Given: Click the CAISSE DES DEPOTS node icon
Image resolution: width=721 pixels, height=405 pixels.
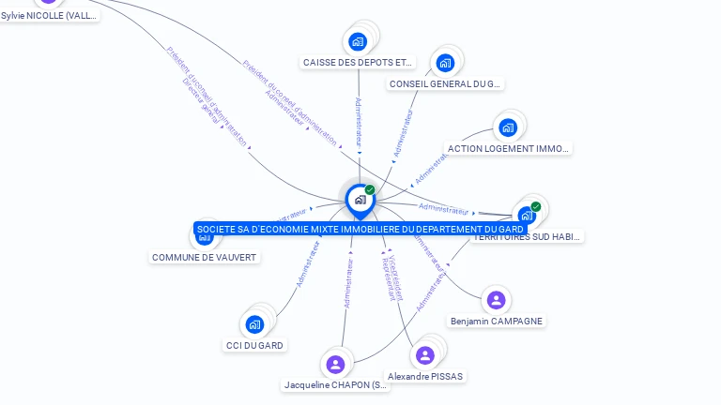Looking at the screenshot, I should click(358, 41).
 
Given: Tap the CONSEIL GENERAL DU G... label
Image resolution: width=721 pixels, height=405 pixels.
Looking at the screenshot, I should click(445, 83).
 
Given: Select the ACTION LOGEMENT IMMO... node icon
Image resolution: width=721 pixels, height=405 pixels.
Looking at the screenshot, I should click(508, 127).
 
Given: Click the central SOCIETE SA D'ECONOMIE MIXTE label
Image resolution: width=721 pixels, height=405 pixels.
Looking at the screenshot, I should click(360, 229).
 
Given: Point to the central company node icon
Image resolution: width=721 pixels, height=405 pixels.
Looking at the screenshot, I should click(360, 199).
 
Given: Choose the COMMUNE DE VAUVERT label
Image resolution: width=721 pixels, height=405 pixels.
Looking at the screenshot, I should click(204, 257).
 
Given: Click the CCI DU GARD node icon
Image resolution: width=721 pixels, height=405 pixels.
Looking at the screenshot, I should click(254, 324).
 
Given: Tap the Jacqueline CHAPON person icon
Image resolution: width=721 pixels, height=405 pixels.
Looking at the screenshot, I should click(335, 365).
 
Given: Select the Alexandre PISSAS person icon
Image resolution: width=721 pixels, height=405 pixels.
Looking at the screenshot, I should click(425, 355).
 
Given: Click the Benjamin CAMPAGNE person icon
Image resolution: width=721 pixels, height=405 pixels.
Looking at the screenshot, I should click(496, 300).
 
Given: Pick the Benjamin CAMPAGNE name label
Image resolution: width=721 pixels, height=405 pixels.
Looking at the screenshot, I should click(496, 321).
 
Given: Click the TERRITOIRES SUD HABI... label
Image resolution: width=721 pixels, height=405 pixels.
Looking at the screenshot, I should click(527, 237).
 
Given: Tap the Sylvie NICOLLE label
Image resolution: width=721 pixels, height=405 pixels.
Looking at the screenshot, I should click(49, 15).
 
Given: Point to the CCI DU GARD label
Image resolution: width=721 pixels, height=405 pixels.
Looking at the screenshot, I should click(254, 345).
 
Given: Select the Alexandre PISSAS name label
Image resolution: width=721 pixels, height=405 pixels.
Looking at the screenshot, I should click(425, 376).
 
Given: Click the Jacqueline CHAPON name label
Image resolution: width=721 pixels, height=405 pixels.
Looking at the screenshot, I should click(335, 385).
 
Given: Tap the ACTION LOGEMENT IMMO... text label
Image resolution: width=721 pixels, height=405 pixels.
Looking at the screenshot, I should click(508, 148).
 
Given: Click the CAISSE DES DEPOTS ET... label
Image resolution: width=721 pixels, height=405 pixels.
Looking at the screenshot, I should click(358, 62).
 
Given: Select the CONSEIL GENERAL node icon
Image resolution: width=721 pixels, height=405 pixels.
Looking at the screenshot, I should click(445, 63).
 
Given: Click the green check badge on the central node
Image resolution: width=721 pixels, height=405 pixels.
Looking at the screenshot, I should click(370, 190).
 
